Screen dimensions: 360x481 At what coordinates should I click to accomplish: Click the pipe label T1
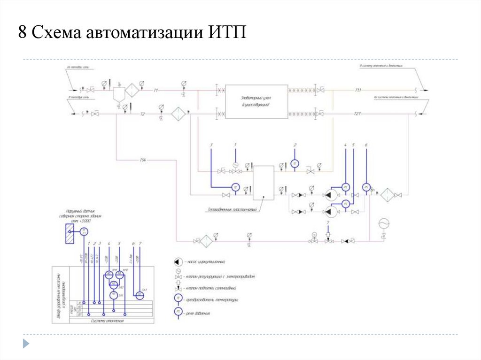[156, 89]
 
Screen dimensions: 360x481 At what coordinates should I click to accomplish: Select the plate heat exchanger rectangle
[263, 183]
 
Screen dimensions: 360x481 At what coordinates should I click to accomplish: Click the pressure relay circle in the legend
[178, 311]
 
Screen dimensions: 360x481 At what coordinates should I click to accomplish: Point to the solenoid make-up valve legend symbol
[178, 287]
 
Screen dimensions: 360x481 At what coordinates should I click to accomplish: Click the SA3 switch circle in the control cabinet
[140, 295]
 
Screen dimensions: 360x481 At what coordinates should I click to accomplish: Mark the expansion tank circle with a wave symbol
[384, 222]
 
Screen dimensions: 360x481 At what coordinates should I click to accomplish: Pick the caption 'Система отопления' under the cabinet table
[108, 321]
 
